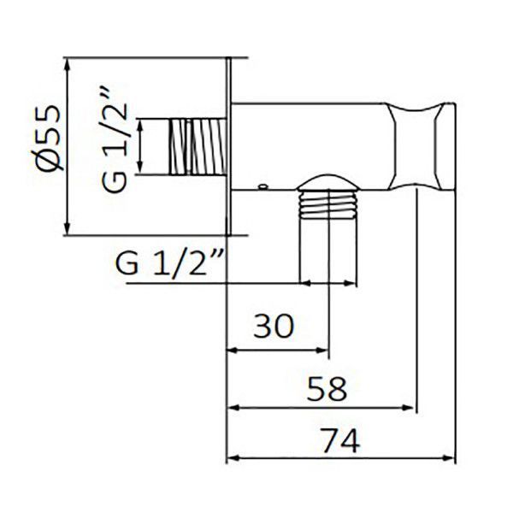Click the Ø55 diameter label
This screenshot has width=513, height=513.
pyautogui.click(x=49, y=138)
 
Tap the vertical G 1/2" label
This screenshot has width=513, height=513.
pyautogui.click(x=114, y=140)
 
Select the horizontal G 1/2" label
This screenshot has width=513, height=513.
pyautogui.click(x=170, y=262)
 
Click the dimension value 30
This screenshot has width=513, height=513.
pyautogui.click(x=274, y=326)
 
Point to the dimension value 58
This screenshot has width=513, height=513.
pyautogui.click(x=327, y=389)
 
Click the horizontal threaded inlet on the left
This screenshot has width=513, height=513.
pyautogui.click(x=198, y=146)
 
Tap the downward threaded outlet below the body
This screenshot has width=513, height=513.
pyautogui.click(x=328, y=236)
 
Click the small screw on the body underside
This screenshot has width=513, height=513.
pyautogui.click(x=262, y=186)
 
